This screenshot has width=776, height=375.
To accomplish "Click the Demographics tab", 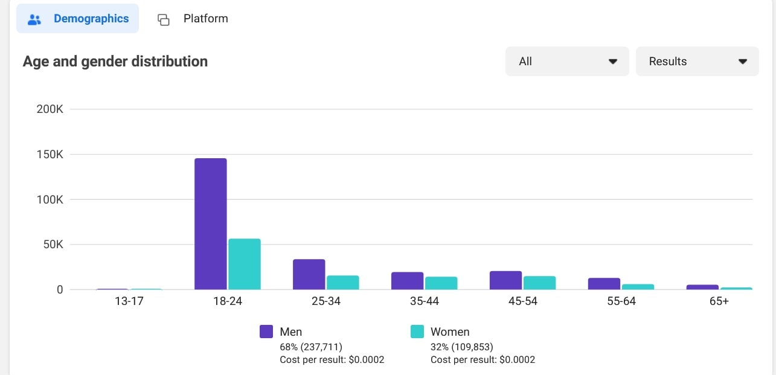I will click(78, 19).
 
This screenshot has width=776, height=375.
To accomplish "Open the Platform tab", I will click(193, 19).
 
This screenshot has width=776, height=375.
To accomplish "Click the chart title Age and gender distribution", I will click(115, 62).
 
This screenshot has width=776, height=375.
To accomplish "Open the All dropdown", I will click(567, 62).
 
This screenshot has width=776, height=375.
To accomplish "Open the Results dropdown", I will click(697, 62).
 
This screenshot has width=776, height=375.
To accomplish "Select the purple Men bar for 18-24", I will click(211, 224).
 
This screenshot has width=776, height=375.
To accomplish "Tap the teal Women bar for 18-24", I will click(245, 264).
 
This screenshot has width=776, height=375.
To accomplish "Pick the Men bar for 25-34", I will click(309, 275).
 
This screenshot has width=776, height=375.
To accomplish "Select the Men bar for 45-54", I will click(506, 281).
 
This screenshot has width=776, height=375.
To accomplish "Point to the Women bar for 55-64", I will click(638, 287).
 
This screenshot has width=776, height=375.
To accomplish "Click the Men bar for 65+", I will click(703, 287).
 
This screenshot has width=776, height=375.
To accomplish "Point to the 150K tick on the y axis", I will click(50, 155).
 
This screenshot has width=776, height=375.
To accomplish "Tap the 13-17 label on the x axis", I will click(129, 301).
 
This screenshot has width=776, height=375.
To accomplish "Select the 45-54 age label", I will click(523, 301).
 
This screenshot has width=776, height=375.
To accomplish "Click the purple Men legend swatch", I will click(266, 332).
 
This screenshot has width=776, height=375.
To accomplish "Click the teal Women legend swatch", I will click(417, 332).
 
